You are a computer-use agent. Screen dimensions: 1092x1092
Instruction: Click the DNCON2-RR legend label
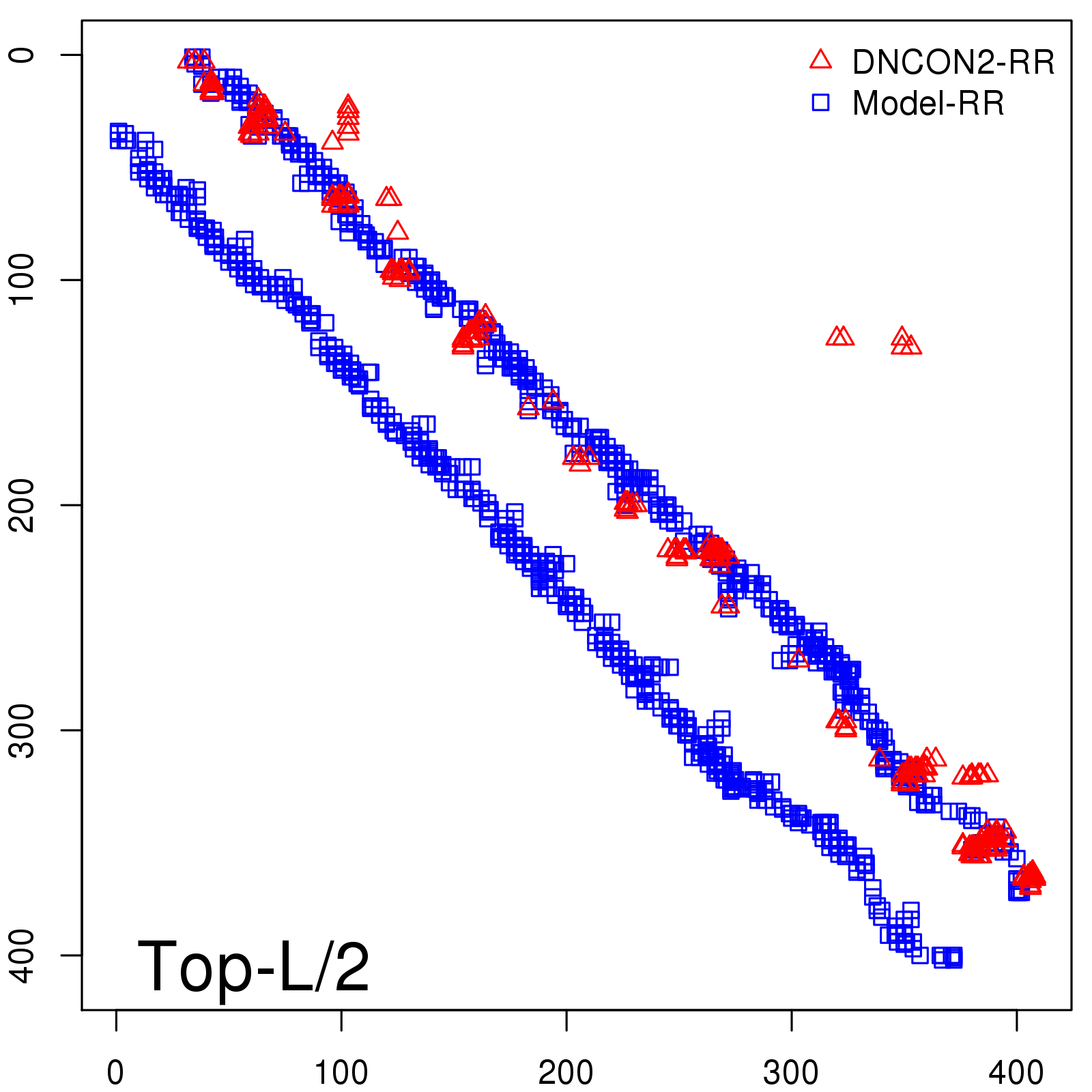click(x=953, y=63)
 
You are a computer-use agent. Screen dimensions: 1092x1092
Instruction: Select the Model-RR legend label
click(x=928, y=104)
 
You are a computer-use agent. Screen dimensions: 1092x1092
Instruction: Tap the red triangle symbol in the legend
click(x=820, y=60)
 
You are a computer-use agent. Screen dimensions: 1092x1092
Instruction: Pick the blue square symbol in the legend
click(x=820, y=103)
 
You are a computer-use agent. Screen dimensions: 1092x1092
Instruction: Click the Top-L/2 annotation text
click(x=253, y=966)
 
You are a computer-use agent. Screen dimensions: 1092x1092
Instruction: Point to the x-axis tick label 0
click(x=116, y=1073)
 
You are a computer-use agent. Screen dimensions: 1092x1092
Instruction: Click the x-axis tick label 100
click(x=341, y=1073)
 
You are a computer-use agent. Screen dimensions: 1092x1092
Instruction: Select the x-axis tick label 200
click(x=566, y=1073)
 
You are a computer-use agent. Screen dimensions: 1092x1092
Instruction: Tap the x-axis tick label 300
click(x=791, y=1073)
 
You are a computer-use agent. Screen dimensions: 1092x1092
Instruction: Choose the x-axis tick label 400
click(x=1016, y=1073)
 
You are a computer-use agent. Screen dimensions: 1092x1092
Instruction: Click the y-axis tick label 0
click(x=23, y=55)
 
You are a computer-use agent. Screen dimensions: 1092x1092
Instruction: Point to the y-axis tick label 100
click(x=23, y=280)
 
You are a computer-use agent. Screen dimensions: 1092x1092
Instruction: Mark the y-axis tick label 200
click(x=23, y=505)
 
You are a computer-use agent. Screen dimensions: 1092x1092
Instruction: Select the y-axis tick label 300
click(x=23, y=730)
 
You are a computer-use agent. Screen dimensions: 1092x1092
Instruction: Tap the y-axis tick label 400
click(x=23, y=955)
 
